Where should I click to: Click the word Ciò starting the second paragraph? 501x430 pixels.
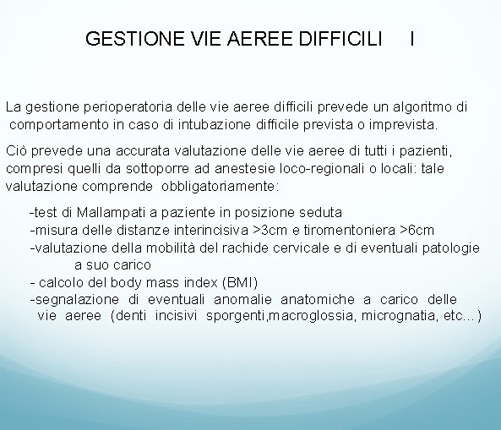16,152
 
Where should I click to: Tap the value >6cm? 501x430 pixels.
417,230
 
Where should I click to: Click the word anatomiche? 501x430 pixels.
318,299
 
